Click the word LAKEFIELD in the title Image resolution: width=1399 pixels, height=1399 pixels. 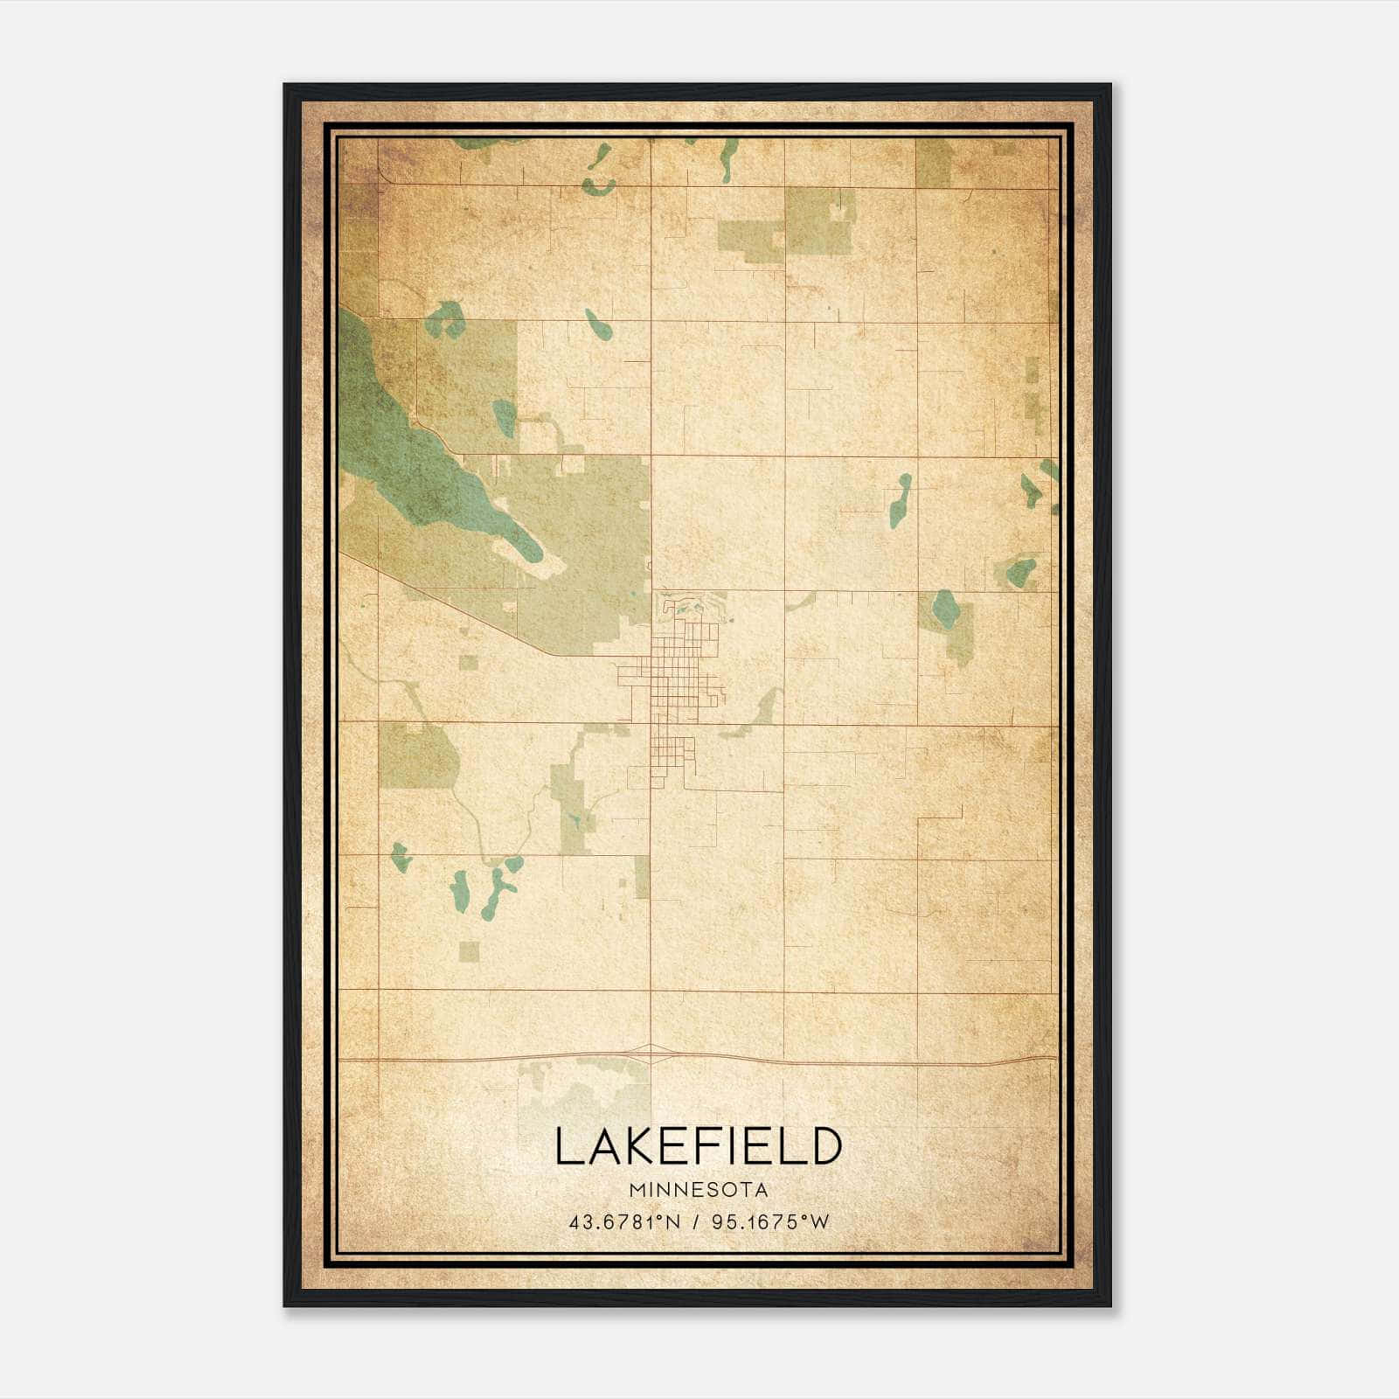coord(698,1146)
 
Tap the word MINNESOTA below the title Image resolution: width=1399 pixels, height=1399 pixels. coord(698,1190)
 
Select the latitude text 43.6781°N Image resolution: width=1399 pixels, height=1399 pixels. coord(624,1222)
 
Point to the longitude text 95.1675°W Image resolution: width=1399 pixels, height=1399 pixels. coord(770,1222)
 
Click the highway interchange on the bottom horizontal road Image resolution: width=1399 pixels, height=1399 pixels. coord(650,1054)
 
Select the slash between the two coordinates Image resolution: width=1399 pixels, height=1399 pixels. coord(697,1222)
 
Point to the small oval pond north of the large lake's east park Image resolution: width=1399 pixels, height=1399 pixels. coord(599,324)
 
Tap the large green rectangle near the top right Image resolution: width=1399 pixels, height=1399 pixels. coord(818,220)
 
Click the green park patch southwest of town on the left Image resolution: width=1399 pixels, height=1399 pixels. coord(418,755)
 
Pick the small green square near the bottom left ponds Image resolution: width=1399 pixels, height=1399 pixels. coord(470,951)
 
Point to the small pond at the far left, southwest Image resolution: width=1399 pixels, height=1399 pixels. coord(400,858)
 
